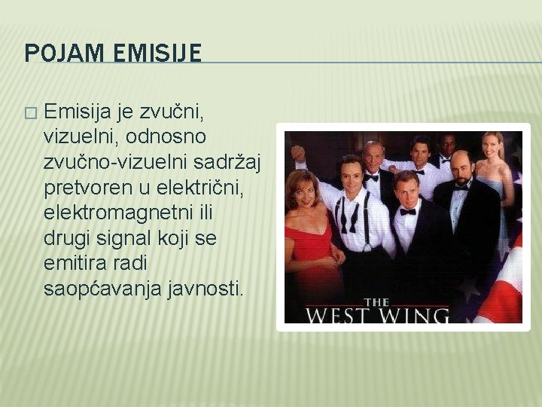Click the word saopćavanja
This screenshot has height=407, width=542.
point(102,288)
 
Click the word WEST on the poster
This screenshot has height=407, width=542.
point(338,313)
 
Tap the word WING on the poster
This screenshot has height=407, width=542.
point(416,313)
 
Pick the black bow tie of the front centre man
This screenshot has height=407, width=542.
point(407,212)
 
